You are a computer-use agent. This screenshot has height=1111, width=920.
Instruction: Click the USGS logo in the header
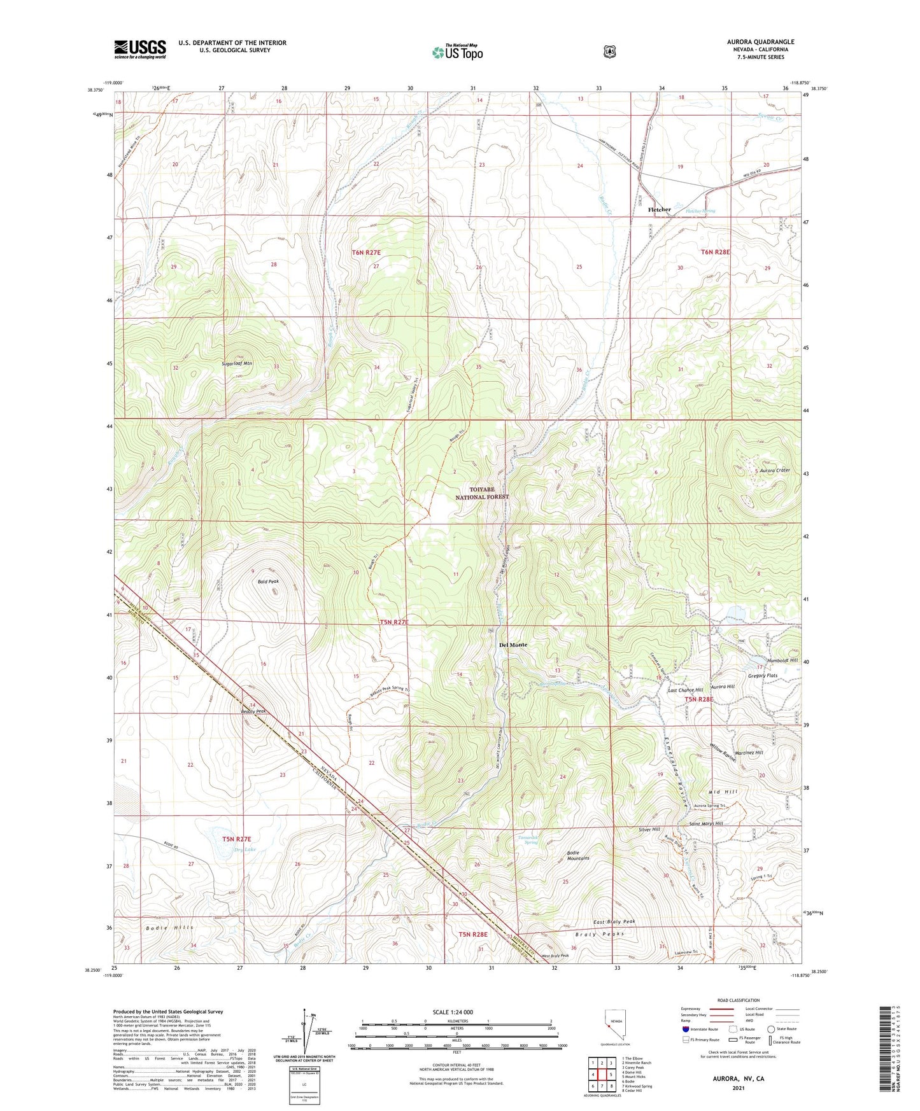(x=140, y=49)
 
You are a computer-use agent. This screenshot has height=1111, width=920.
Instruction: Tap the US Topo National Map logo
(x=458, y=52)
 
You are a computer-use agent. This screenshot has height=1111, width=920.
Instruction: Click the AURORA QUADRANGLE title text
(x=760, y=42)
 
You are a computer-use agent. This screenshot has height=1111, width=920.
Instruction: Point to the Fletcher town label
(x=659, y=209)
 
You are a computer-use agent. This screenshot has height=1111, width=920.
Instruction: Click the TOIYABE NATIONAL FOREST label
(x=482, y=493)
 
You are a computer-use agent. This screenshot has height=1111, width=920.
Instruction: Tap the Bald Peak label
(x=268, y=582)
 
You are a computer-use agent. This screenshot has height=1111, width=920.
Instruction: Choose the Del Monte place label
(x=513, y=645)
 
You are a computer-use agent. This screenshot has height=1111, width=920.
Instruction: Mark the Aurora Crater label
(x=774, y=470)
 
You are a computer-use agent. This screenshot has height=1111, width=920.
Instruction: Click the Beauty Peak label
(x=253, y=711)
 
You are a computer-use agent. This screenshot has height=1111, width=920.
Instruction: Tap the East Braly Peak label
(x=614, y=921)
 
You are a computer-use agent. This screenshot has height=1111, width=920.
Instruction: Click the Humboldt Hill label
(x=782, y=660)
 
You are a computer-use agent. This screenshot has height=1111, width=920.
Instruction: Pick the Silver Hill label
(x=649, y=830)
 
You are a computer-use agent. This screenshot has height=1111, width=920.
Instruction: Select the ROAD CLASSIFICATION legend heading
(x=738, y=1000)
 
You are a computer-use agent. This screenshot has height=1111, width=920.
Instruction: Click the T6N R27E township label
(x=366, y=253)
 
